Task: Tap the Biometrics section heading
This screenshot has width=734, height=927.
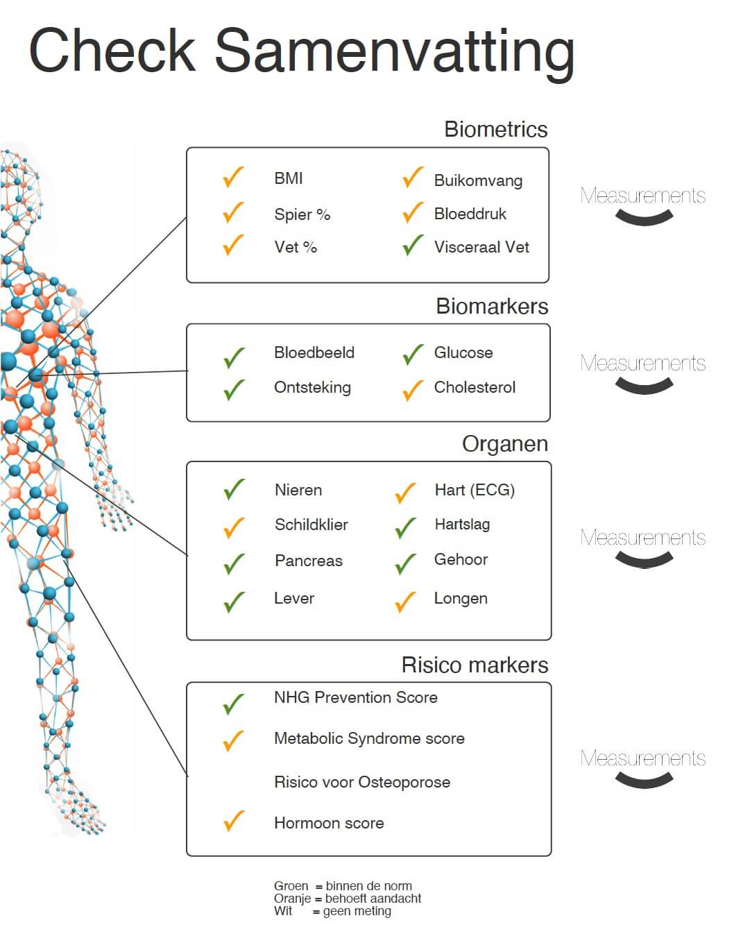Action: [x=495, y=129]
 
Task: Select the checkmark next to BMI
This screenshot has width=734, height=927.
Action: [x=233, y=178]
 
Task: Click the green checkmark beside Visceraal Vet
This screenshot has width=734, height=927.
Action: [x=413, y=246]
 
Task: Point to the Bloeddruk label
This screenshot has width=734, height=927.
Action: [x=470, y=214]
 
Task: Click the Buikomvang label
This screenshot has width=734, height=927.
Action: [x=478, y=180]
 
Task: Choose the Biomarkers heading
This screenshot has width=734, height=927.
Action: [x=492, y=306]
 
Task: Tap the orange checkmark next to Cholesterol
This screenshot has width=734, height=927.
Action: [x=412, y=390]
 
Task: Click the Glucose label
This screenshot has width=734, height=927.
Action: [x=463, y=352]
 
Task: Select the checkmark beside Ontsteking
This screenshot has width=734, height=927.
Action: [x=234, y=389]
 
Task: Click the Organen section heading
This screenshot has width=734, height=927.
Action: [x=505, y=443]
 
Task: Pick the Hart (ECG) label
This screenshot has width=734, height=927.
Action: [x=475, y=490]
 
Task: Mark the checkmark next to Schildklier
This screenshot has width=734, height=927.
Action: [x=234, y=527]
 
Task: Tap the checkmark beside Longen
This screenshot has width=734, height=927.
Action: [x=405, y=602]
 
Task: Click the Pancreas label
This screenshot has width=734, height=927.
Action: [x=308, y=561]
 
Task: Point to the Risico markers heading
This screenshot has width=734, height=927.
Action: [x=475, y=665]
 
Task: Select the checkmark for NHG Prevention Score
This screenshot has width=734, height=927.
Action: [x=233, y=704]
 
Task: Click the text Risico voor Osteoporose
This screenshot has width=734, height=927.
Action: [x=361, y=782]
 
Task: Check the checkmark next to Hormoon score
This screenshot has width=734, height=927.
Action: [x=234, y=821]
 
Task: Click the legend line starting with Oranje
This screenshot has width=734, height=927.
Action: [x=348, y=899]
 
